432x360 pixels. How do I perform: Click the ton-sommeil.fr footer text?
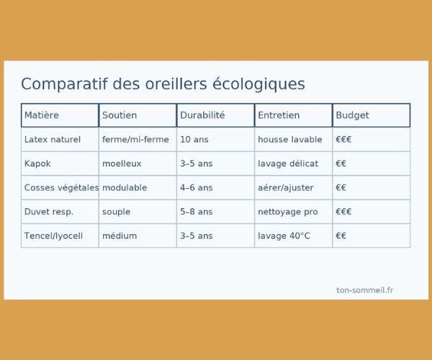click(x=365, y=290)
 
